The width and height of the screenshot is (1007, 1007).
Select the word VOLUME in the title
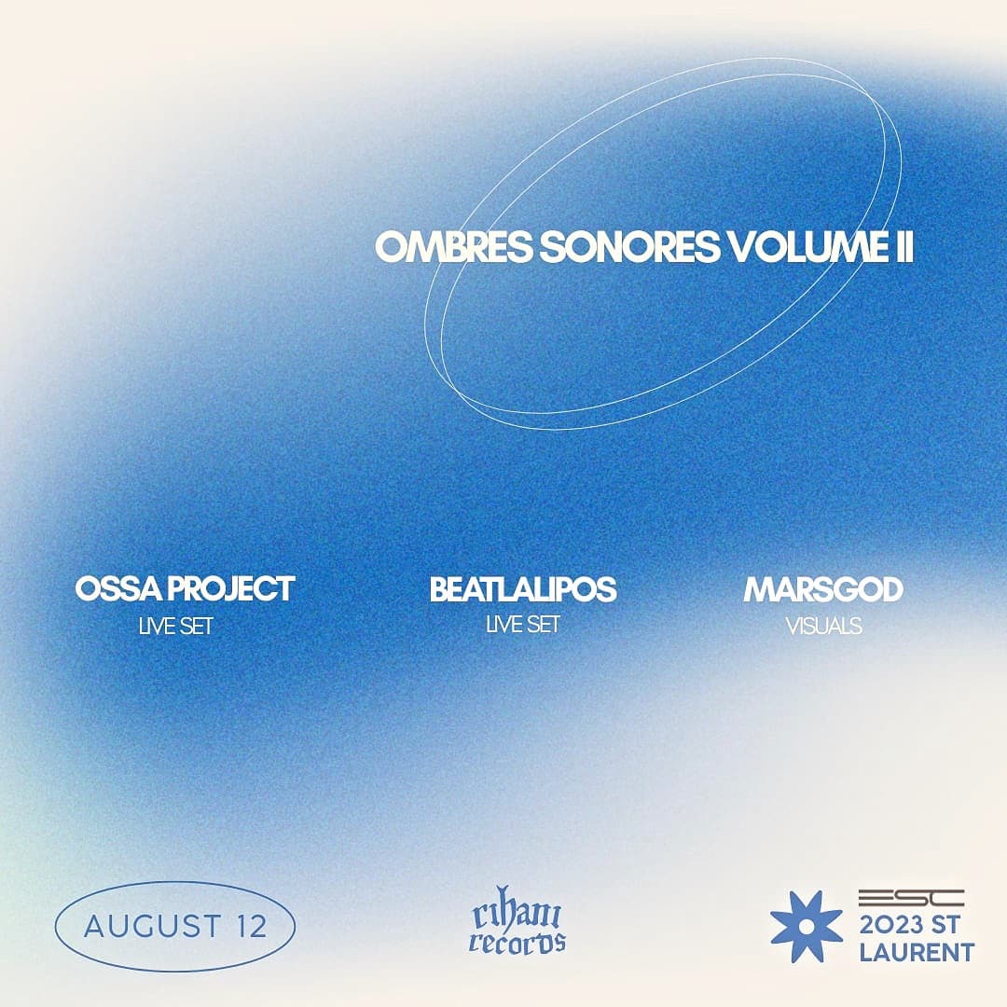click(801, 248)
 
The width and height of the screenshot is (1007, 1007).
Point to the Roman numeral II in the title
click(900, 248)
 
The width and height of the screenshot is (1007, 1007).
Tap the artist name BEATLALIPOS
click(523, 589)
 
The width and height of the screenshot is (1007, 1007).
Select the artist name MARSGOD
click(823, 589)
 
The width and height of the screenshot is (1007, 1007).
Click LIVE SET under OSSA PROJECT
click(175, 627)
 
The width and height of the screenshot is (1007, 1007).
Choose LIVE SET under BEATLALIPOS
click(523, 625)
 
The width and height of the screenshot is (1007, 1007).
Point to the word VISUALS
click(823, 627)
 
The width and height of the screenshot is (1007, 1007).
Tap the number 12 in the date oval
click(251, 927)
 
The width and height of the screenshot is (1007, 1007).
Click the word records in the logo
click(517, 942)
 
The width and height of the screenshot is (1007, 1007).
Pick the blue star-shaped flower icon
click(806, 926)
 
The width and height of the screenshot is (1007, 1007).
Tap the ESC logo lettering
click(910, 898)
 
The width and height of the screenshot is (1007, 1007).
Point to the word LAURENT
click(916, 952)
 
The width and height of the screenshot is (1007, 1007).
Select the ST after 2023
click(955, 926)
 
